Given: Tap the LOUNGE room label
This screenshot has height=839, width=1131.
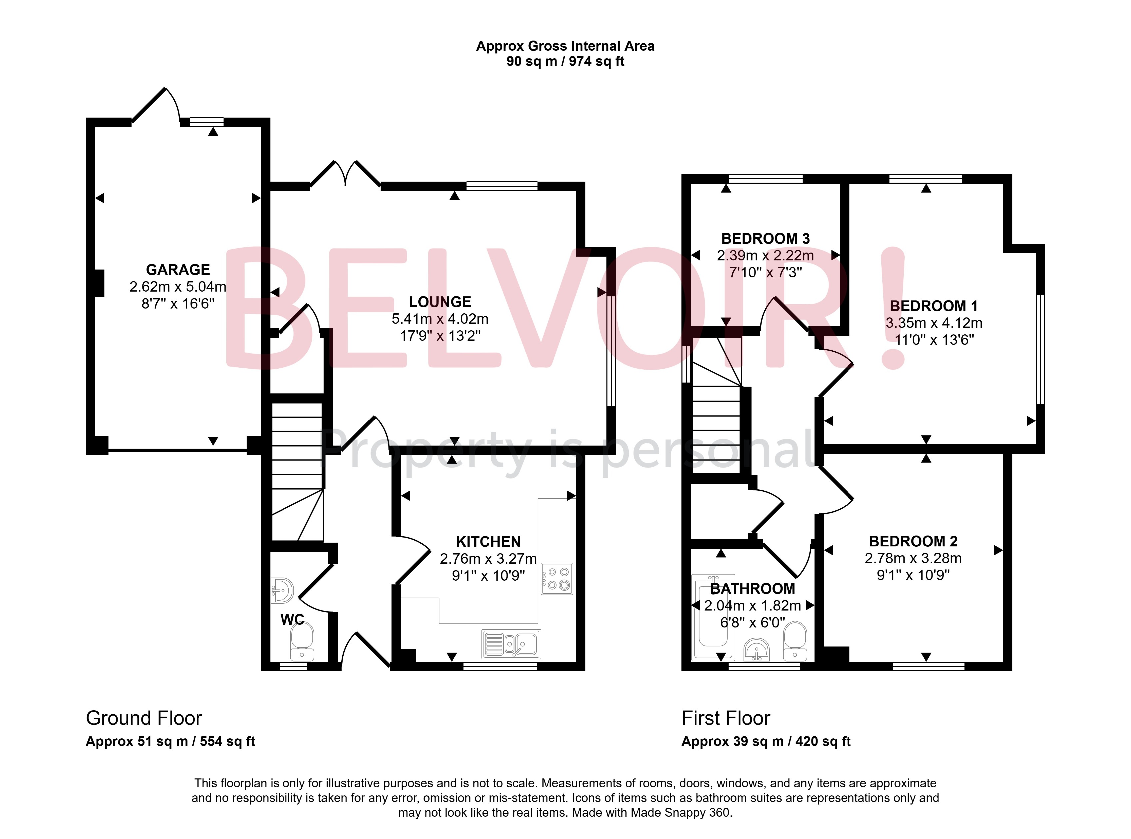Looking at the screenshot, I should [440, 302].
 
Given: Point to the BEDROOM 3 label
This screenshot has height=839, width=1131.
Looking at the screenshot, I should [765, 239].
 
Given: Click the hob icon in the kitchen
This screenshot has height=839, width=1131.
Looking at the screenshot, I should [557, 579].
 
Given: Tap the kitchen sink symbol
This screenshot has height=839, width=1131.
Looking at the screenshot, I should [511, 644].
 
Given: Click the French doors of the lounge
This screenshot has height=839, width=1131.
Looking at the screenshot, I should [345, 175].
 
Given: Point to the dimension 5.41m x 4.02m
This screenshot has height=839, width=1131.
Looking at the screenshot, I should [440, 319].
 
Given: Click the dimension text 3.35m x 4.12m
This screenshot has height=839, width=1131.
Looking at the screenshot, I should [934, 323].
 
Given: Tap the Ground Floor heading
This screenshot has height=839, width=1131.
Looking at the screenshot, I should [144, 718].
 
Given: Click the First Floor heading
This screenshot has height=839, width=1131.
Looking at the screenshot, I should [726, 718].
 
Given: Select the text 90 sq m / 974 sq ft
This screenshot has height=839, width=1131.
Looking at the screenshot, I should [565, 62].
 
